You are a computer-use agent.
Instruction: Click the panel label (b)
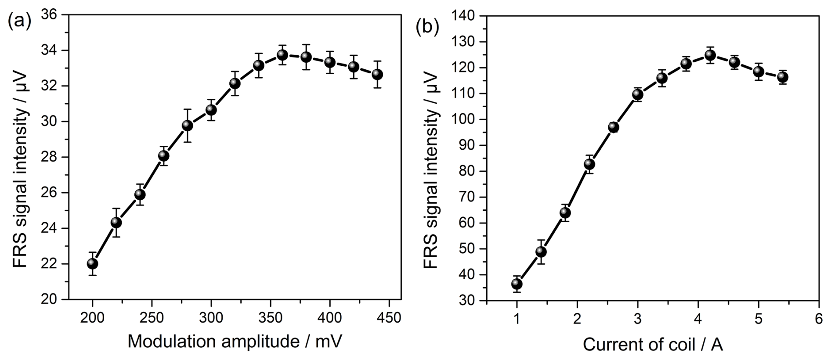coord(427,27)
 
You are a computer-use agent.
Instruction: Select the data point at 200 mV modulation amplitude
coord(93,263)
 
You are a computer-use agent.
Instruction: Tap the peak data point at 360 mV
coord(282,55)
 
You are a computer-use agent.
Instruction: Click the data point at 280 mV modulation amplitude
coord(188,126)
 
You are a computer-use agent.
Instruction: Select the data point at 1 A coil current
coord(517,284)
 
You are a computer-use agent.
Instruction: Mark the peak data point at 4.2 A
coord(710,55)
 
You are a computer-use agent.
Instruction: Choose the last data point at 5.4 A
coord(782,77)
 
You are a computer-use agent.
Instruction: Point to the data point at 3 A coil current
coord(638,94)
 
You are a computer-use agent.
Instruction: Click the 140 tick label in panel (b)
coord(465,16)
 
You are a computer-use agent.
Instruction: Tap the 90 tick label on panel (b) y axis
coord(470,145)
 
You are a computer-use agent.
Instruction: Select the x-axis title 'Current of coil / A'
coord(653,346)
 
